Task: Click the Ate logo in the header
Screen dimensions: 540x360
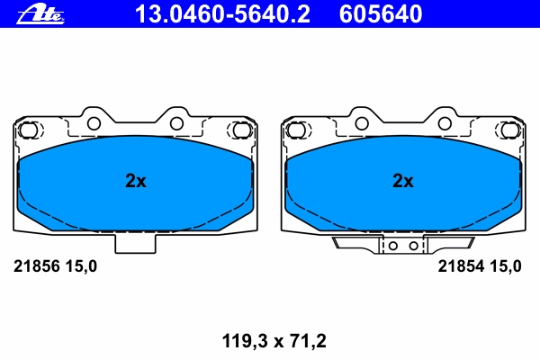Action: [x=40, y=15]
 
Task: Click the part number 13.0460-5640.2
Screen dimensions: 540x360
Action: [x=222, y=14]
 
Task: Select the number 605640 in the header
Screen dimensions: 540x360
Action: [x=381, y=14]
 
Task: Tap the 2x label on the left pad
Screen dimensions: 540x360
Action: [x=136, y=181]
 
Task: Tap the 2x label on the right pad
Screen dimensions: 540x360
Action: [x=403, y=181]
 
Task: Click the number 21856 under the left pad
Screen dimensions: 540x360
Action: [x=37, y=266]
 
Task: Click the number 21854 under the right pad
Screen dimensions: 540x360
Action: [x=461, y=266]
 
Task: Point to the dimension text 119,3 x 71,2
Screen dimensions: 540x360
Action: [x=274, y=341]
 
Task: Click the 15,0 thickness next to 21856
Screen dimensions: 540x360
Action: [x=81, y=266]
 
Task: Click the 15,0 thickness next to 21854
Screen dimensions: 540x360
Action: [x=506, y=266]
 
